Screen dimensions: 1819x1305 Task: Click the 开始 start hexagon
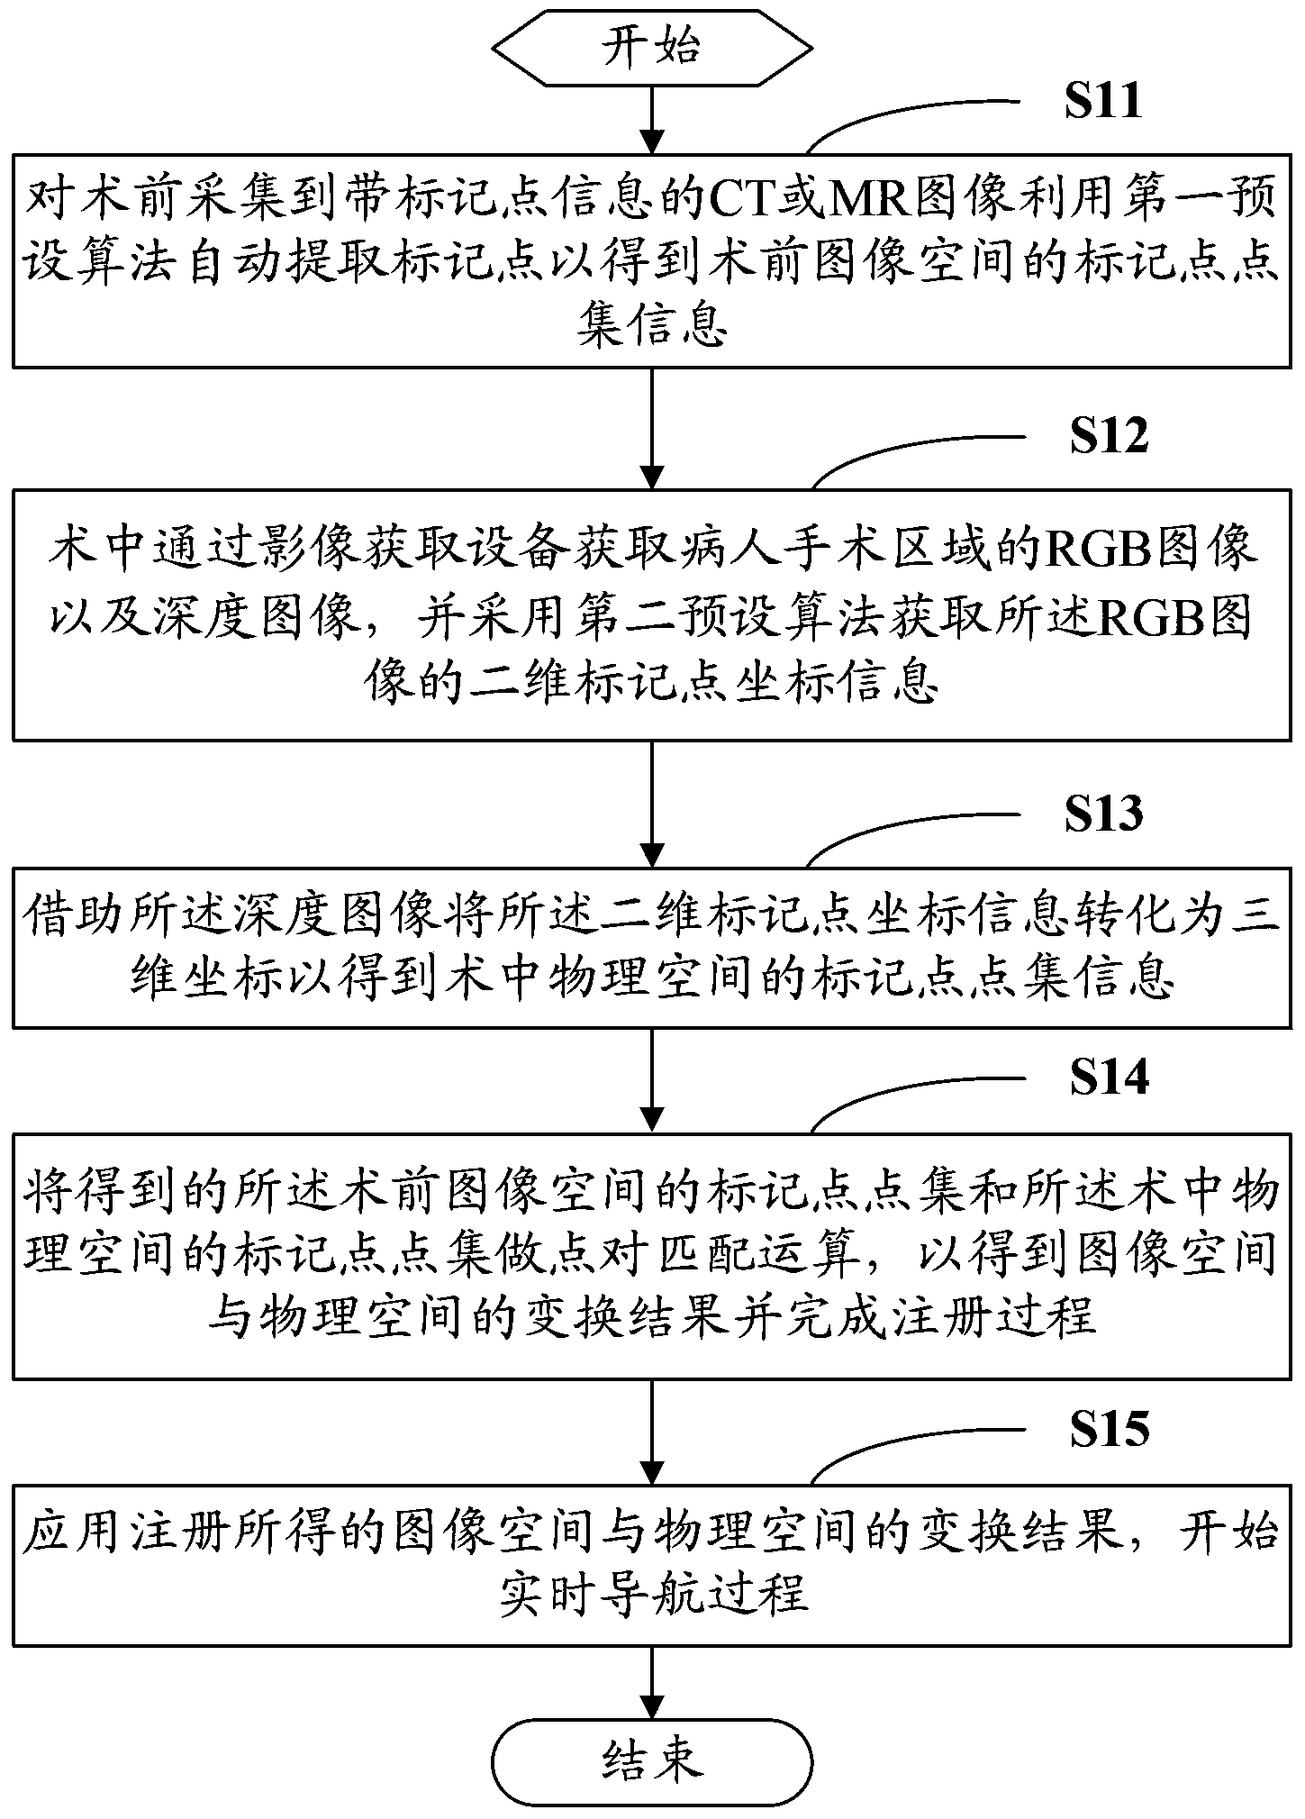click(651, 47)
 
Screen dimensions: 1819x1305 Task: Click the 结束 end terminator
click(651, 1760)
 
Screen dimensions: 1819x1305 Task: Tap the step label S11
click(1102, 100)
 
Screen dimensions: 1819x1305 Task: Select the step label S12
click(1109, 436)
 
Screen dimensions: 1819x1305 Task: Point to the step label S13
click(1103, 814)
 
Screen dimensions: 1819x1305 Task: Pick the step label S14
click(1109, 1078)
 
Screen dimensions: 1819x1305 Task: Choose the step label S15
click(1109, 1430)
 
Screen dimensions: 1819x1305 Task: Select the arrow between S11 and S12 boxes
click(651, 429)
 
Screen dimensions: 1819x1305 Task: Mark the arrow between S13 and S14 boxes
click(651, 1081)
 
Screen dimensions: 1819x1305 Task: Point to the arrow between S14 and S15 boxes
click(651, 1433)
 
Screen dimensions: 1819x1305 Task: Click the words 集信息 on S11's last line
click(651, 328)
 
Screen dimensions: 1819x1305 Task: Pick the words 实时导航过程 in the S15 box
click(651, 1594)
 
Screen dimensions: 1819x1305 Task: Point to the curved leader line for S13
click(910, 831)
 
